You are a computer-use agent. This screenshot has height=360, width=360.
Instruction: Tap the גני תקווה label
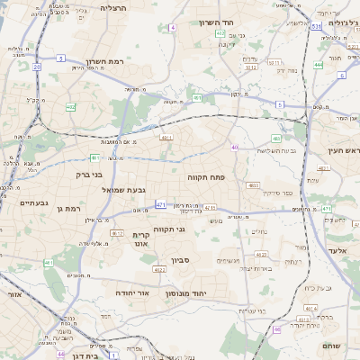point(168,229)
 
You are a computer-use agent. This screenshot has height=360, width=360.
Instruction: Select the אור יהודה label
point(133,292)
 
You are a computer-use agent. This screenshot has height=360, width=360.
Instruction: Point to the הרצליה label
point(113,7)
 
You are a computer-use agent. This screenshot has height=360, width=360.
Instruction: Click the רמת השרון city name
point(102,60)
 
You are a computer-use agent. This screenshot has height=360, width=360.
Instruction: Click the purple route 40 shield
point(234,147)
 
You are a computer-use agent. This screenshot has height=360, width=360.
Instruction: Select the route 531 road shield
point(316,27)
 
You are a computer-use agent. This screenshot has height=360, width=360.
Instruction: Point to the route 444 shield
point(318,65)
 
